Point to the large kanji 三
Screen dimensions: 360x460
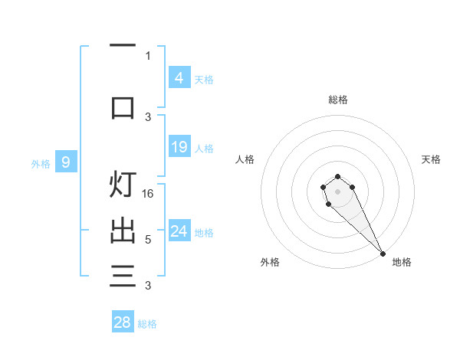(x=123, y=275)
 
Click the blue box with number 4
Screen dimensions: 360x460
(x=179, y=77)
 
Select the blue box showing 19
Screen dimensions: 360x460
(x=179, y=147)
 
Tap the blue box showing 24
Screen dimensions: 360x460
(x=179, y=231)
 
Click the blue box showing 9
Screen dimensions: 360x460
(x=66, y=162)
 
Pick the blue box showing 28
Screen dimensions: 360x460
(x=123, y=322)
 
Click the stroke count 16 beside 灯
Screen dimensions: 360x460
(x=149, y=194)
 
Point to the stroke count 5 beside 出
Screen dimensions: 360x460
(x=148, y=240)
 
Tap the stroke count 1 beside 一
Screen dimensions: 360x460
(x=148, y=55)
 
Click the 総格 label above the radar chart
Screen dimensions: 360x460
(x=338, y=100)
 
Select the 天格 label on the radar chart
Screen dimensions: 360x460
(x=432, y=159)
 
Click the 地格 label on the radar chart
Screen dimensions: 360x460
(x=402, y=262)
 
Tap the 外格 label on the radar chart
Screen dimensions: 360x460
(x=270, y=262)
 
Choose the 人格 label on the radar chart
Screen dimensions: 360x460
(x=245, y=159)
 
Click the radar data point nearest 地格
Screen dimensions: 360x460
(x=383, y=253)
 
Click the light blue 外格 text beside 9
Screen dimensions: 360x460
(x=40, y=163)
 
